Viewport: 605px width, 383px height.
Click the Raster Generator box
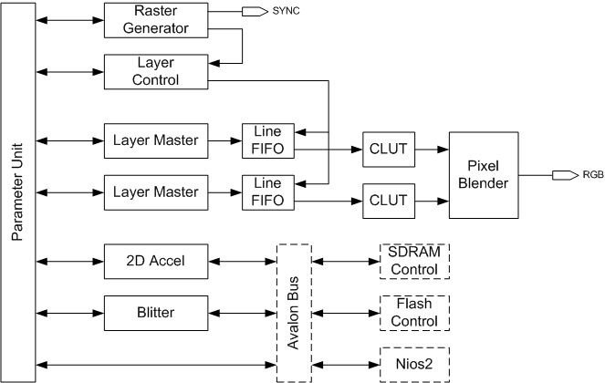click(x=156, y=19)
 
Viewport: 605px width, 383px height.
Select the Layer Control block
click(x=156, y=72)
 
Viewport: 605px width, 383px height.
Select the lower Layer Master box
click(x=156, y=192)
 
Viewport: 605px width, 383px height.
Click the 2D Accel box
click(x=156, y=262)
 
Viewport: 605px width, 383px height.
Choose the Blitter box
click(x=156, y=314)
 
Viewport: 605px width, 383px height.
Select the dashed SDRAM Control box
click(x=414, y=262)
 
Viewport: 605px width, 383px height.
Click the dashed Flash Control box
click(x=414, y=314)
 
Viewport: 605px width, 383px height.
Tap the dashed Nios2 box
click(x=414, y=365)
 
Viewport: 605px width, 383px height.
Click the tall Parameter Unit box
click(x=18, y=191)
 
